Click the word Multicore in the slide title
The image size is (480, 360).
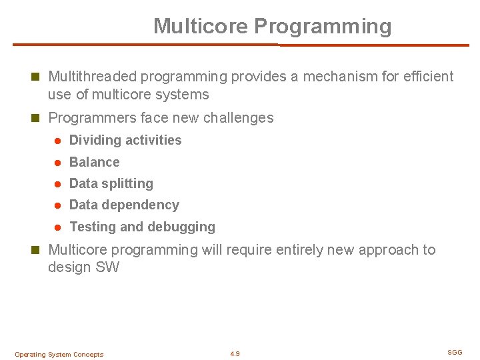tap(201, 26)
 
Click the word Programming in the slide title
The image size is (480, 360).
tap(323, 27)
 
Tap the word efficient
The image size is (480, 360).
tap(427, 77)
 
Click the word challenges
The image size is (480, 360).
tap(238, 118)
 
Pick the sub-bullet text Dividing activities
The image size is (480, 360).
tap(125, 140)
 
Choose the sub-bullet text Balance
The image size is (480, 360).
tap(95, 162)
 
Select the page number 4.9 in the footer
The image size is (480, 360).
tap(235, 354)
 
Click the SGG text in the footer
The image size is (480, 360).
tap(455, 352)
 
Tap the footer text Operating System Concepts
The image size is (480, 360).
tap(59, 355)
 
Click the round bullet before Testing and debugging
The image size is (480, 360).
tap(58, 227)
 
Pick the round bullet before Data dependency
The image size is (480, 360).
tap(58, 205)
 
